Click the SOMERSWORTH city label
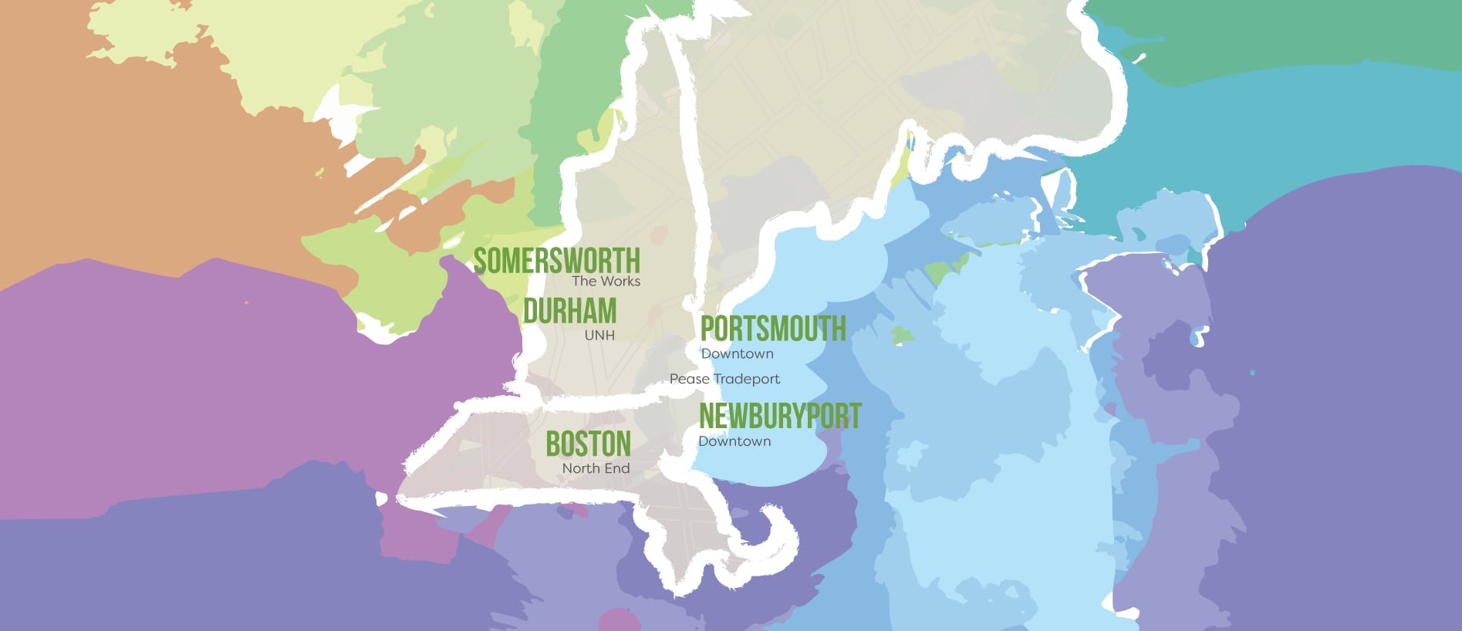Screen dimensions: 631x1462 (x=556, y=261)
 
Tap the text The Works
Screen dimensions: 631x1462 (x=606, y=282)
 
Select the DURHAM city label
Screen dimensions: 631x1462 (x=569, y=311)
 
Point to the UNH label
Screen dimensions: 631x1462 (x=599, y=336)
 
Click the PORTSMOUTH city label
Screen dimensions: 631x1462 (x=772, y=329)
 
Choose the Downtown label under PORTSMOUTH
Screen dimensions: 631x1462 (x=737, y=354)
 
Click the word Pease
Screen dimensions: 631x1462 (x=689, y=379)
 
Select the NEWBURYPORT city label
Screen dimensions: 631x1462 (x=779, y=416)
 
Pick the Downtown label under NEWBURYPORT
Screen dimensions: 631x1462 (x=734, y=441)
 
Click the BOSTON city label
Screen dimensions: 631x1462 (x=588, y=444)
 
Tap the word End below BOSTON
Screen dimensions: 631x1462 (x=619, y=468)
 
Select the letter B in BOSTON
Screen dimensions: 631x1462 (x=552, y=444)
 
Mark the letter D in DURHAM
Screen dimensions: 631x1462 (x=530, y=311)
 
